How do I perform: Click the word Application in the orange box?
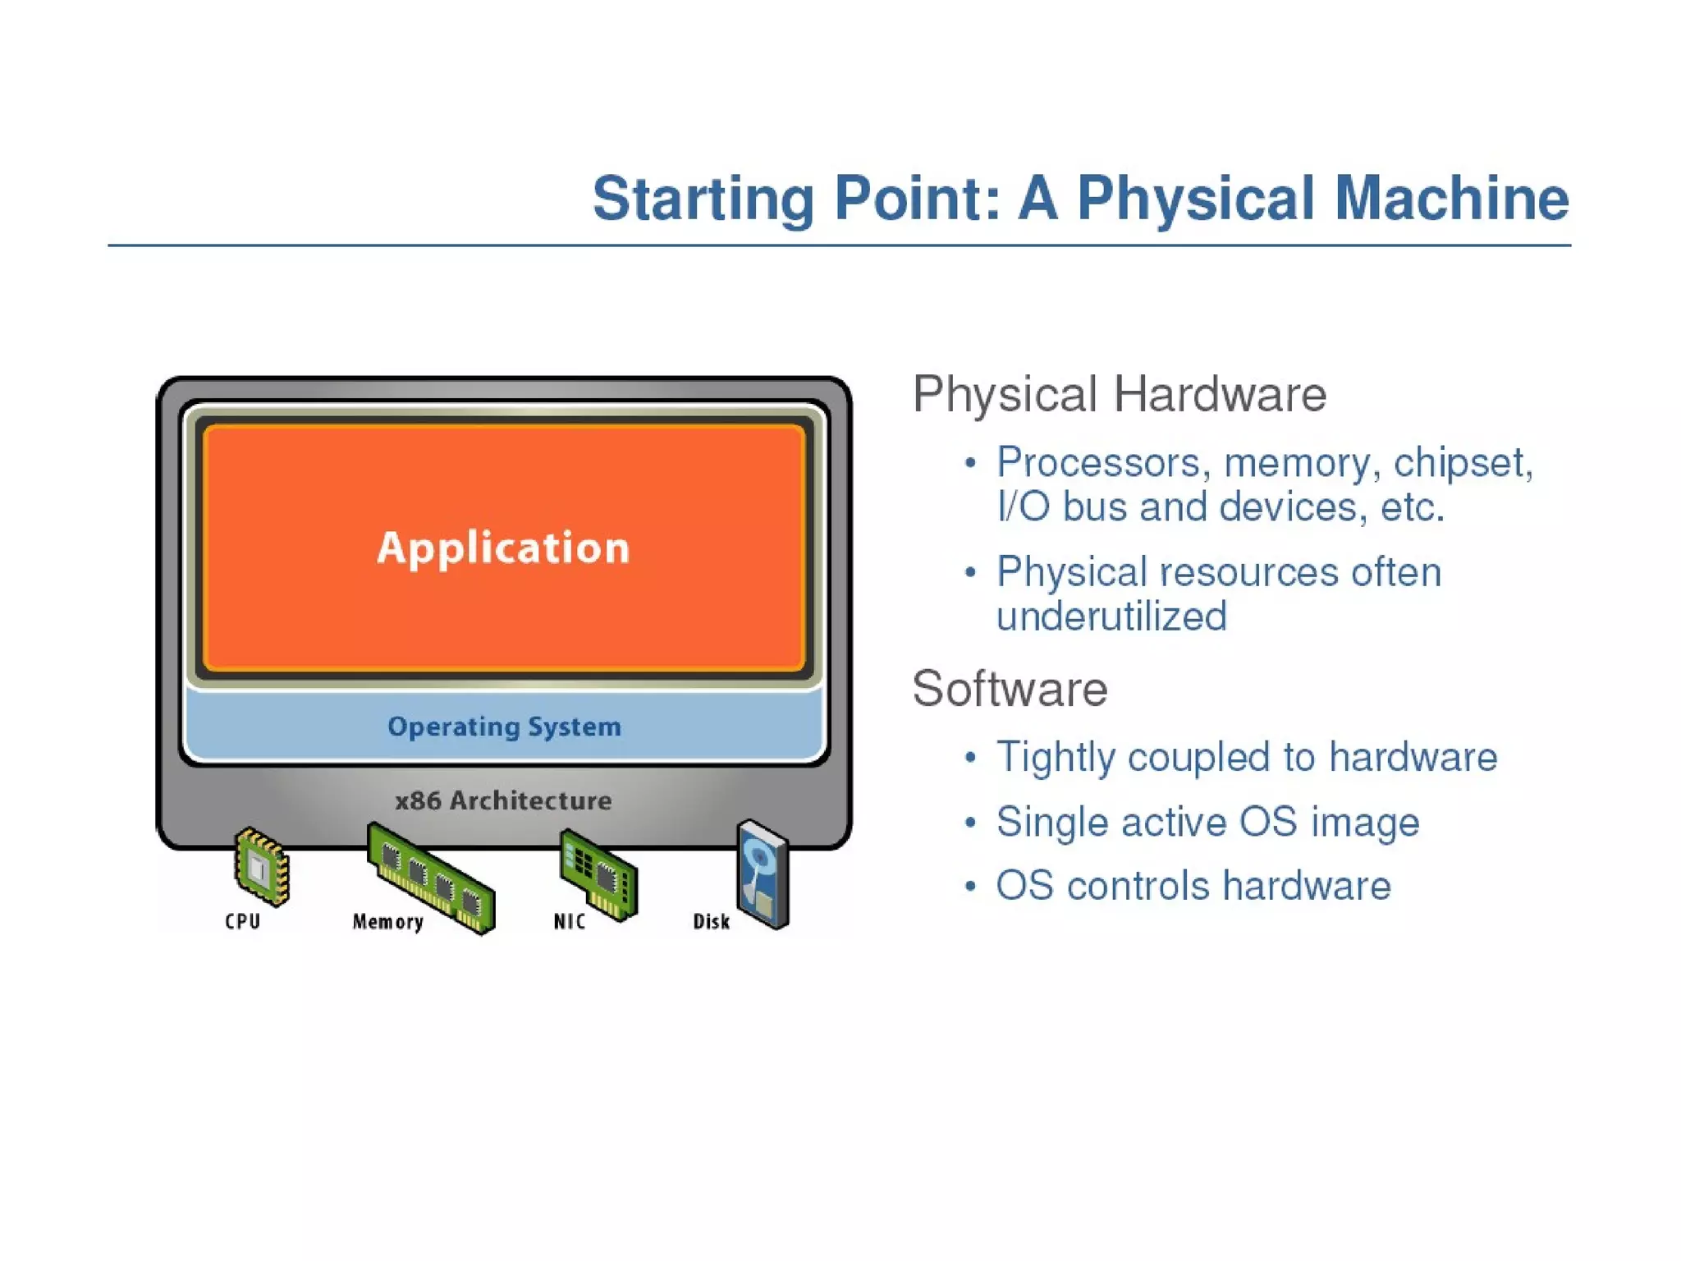(503, 548)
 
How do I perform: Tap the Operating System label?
(504, 727)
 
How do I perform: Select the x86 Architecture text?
(503, 800)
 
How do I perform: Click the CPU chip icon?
(261, 867)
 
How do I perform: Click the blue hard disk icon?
(763, 874)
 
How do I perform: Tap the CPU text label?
(243, 921)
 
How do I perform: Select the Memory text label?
(387, 922)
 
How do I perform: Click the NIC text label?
(570, 922)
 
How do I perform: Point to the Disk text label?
(711, 922)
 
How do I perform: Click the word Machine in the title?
(1451, 199)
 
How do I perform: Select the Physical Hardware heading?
(1119, 394)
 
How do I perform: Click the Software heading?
(1010, 688)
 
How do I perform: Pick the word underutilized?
(1111, 616)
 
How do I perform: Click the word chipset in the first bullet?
(1463, 462)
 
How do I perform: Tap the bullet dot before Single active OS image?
(970, 822)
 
